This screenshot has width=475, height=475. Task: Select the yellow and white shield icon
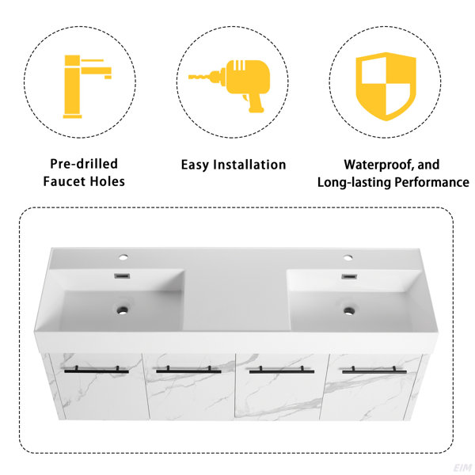point(386,86)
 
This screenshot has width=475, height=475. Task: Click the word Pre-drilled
point(84,164)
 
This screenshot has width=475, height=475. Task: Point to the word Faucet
point(63,182)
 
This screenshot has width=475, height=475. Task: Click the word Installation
point(249,165)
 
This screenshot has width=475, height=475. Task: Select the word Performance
point(431,182)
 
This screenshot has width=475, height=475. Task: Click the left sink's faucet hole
point(123,257)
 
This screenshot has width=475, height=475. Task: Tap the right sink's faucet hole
point(348,258)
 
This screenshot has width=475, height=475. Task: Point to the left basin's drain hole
point(123,310)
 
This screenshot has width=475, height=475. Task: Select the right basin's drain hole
point(349,310)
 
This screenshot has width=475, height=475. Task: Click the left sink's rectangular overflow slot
point(122,276)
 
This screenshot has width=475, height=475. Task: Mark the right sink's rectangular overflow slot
point(349,276)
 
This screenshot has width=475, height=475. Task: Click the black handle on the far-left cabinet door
point(97,370)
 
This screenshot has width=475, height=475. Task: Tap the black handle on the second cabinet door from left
point(188,370)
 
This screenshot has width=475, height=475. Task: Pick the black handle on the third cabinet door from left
point(281,370)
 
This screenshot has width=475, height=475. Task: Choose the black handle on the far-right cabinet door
point(374,370)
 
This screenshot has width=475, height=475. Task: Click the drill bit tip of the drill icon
point(189,78)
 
